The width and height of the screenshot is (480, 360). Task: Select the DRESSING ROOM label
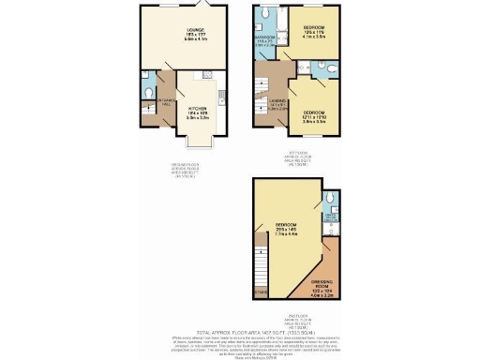(322, 279)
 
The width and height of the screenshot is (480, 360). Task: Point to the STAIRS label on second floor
(260, 292)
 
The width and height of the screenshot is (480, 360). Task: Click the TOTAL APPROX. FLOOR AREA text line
(239, 307)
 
